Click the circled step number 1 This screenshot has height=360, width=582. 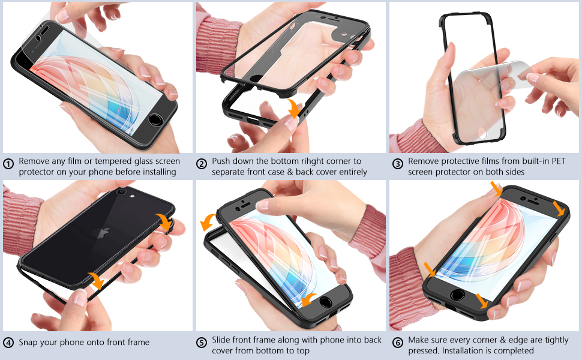(x=8, y=163)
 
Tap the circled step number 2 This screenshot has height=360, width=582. (x=202, y=163)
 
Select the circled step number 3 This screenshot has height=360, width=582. (x=397, y=163)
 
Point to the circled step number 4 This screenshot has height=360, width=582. (x=8, y=343)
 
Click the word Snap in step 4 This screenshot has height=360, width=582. (x=29, y=343)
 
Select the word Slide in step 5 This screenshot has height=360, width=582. (x=223, y=340)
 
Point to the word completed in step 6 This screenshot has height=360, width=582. (x=512, y=350)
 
